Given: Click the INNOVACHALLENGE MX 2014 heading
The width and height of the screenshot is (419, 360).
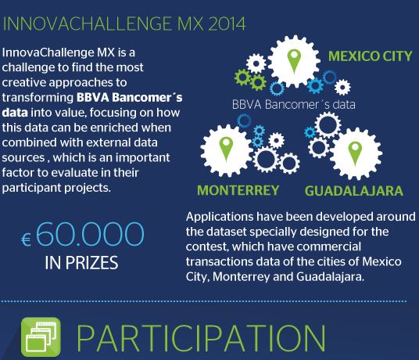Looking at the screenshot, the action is (124, 23).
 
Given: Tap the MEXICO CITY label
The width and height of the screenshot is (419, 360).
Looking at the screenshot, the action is (370, 56).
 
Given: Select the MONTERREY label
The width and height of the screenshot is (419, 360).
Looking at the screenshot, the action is (238, 190).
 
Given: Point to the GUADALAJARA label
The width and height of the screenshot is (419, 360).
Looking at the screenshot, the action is (354, 191).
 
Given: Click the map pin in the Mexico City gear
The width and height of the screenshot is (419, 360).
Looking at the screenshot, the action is (294, 61).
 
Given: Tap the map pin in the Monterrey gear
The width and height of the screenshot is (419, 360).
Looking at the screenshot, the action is (226, 149).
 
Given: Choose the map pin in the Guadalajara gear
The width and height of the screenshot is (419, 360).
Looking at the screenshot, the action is (355, 153).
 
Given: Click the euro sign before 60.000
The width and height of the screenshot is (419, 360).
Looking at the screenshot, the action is (26, 239).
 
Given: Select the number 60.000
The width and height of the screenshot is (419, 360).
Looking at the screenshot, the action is (90, 234).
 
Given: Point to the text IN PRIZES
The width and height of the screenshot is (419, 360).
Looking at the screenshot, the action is (81, 263).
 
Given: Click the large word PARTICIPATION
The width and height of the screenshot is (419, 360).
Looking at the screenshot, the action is (201, 338).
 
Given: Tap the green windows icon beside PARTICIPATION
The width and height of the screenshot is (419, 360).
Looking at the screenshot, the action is (41, 337).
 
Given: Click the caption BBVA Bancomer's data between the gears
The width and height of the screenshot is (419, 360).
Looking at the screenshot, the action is (294, 104).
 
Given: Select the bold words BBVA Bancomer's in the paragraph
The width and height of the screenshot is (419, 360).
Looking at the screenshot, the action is (130, 97).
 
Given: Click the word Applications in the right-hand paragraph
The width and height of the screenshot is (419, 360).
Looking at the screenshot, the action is (220, 218).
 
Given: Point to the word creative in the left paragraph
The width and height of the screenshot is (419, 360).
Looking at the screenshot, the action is (24, 82).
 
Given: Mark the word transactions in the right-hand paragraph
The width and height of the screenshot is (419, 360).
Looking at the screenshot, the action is (220, 261).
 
